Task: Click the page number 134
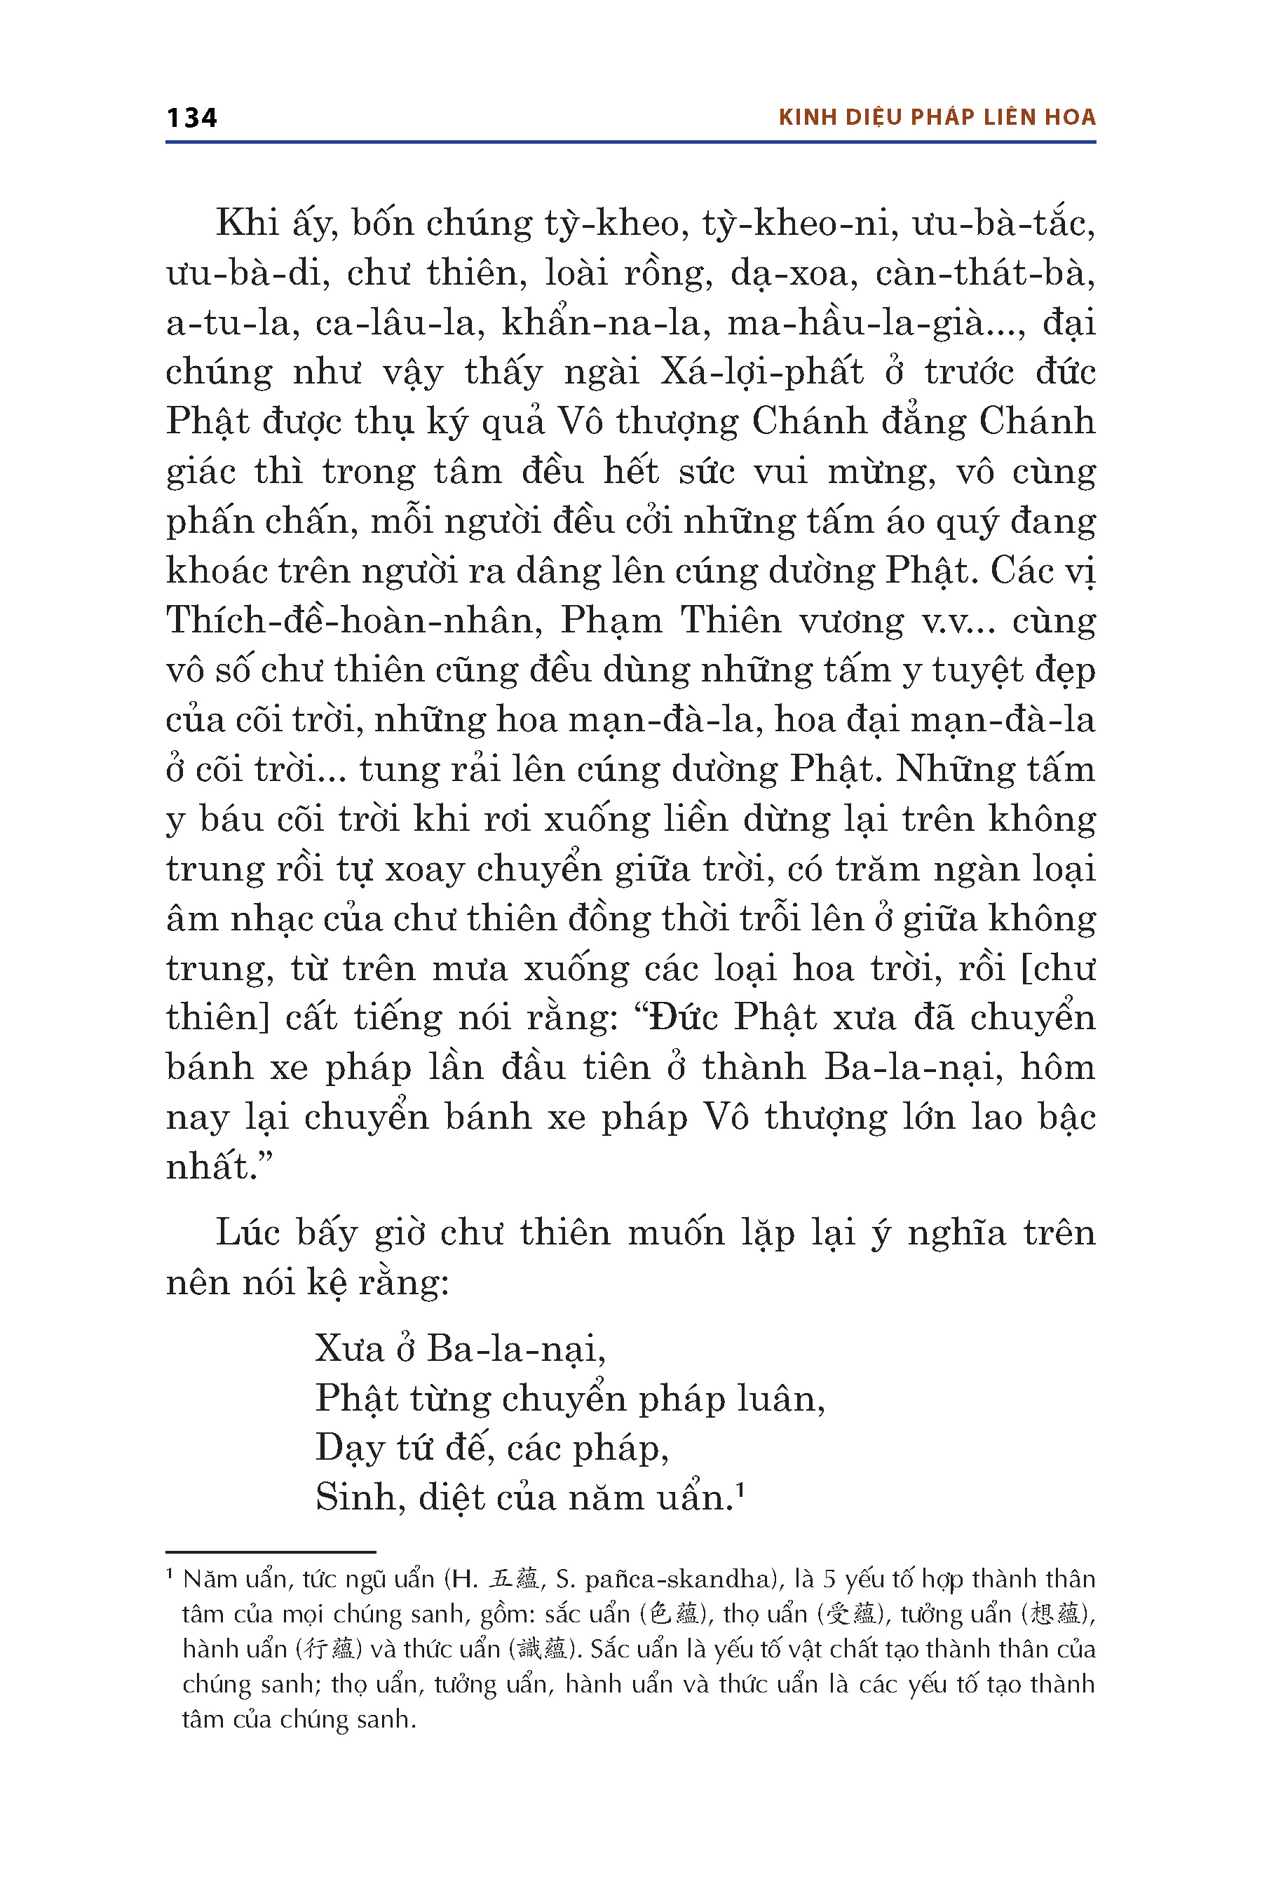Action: coord(191,118)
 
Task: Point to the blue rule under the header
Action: coord(630,142)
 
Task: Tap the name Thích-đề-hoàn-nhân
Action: coord(353,620)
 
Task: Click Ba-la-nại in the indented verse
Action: coord(515,1348)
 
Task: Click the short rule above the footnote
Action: coord(271,1552)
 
